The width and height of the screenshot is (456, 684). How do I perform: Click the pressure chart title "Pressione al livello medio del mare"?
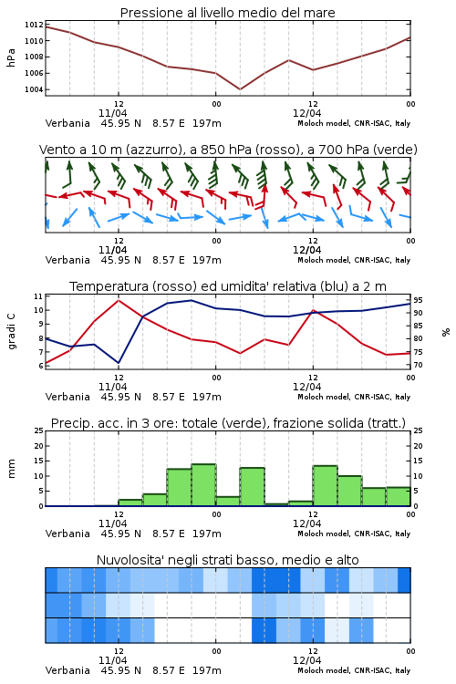point(227,13)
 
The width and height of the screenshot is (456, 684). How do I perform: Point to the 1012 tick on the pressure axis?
point(34,25)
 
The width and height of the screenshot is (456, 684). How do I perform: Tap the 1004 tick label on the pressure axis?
point(34,89)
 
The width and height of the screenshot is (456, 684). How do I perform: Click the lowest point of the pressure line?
point(240,89)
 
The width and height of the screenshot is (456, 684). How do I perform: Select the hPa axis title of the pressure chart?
point(11,57)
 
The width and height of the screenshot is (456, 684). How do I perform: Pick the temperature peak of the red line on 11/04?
point(119,300)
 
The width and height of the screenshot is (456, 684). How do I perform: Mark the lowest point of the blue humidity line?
point(119,363)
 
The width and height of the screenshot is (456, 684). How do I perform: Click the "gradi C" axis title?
point(12,331)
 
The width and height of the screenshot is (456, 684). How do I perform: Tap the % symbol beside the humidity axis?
point(446,332)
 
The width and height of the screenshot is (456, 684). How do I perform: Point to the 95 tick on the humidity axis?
point(418,300)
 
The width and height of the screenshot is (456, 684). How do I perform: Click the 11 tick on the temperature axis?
point(38,296)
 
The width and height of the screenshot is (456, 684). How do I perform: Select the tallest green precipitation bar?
point(203,485)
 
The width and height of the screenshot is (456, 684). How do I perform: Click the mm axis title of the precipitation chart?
point(11,469)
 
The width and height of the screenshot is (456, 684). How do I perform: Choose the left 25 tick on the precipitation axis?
point(39,430)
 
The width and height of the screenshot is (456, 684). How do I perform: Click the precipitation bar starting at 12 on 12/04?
point(325,486)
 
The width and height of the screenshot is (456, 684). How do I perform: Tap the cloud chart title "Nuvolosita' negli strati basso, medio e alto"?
point(227,560)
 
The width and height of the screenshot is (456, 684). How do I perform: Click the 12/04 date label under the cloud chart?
point(306,660)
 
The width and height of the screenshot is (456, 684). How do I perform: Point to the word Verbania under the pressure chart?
point(67,123)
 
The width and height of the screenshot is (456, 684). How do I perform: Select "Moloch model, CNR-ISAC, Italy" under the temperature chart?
point(354,397)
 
